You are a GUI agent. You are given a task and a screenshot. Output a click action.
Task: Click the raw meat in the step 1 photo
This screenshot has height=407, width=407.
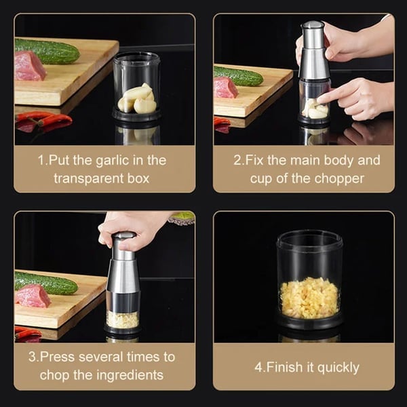pos(29,66)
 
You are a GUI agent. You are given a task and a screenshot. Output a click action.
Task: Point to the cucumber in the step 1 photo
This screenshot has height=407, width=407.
pos(47,51)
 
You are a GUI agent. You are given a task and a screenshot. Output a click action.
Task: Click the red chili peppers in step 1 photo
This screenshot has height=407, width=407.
pos(44,120)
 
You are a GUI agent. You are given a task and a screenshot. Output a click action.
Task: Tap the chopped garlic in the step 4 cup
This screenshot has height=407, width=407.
pos(309,297)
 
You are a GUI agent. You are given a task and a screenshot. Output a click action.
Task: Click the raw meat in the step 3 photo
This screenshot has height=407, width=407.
pos(33,296)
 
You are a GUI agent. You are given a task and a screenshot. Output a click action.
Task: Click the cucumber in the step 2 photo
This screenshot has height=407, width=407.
pos(238,75)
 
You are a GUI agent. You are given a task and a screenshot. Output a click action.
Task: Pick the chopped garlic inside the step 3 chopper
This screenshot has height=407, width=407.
pos(123,319)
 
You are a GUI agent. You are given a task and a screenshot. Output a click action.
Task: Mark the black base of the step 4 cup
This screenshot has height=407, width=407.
pos(309,323)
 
